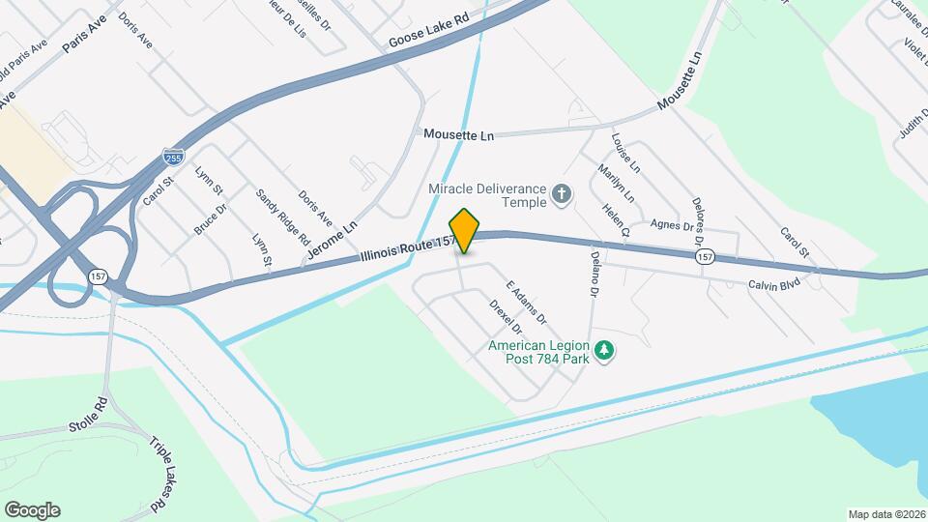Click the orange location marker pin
point(465,231)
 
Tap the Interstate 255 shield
point(172,156)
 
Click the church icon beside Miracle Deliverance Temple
point(561,196)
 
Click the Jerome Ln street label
point(332,239)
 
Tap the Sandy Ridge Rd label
point(282,216)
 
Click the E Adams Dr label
point(527,304)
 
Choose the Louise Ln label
point(624,153)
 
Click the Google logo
point(32,510)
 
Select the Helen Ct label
point(616,219)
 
